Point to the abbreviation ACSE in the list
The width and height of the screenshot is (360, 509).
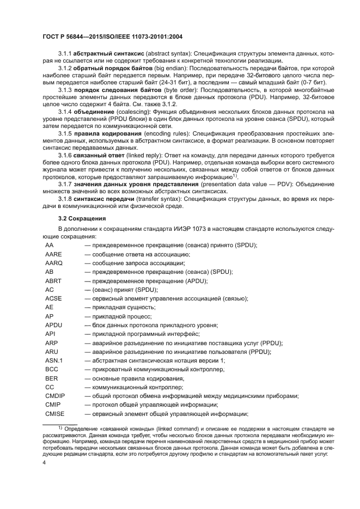54,298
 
